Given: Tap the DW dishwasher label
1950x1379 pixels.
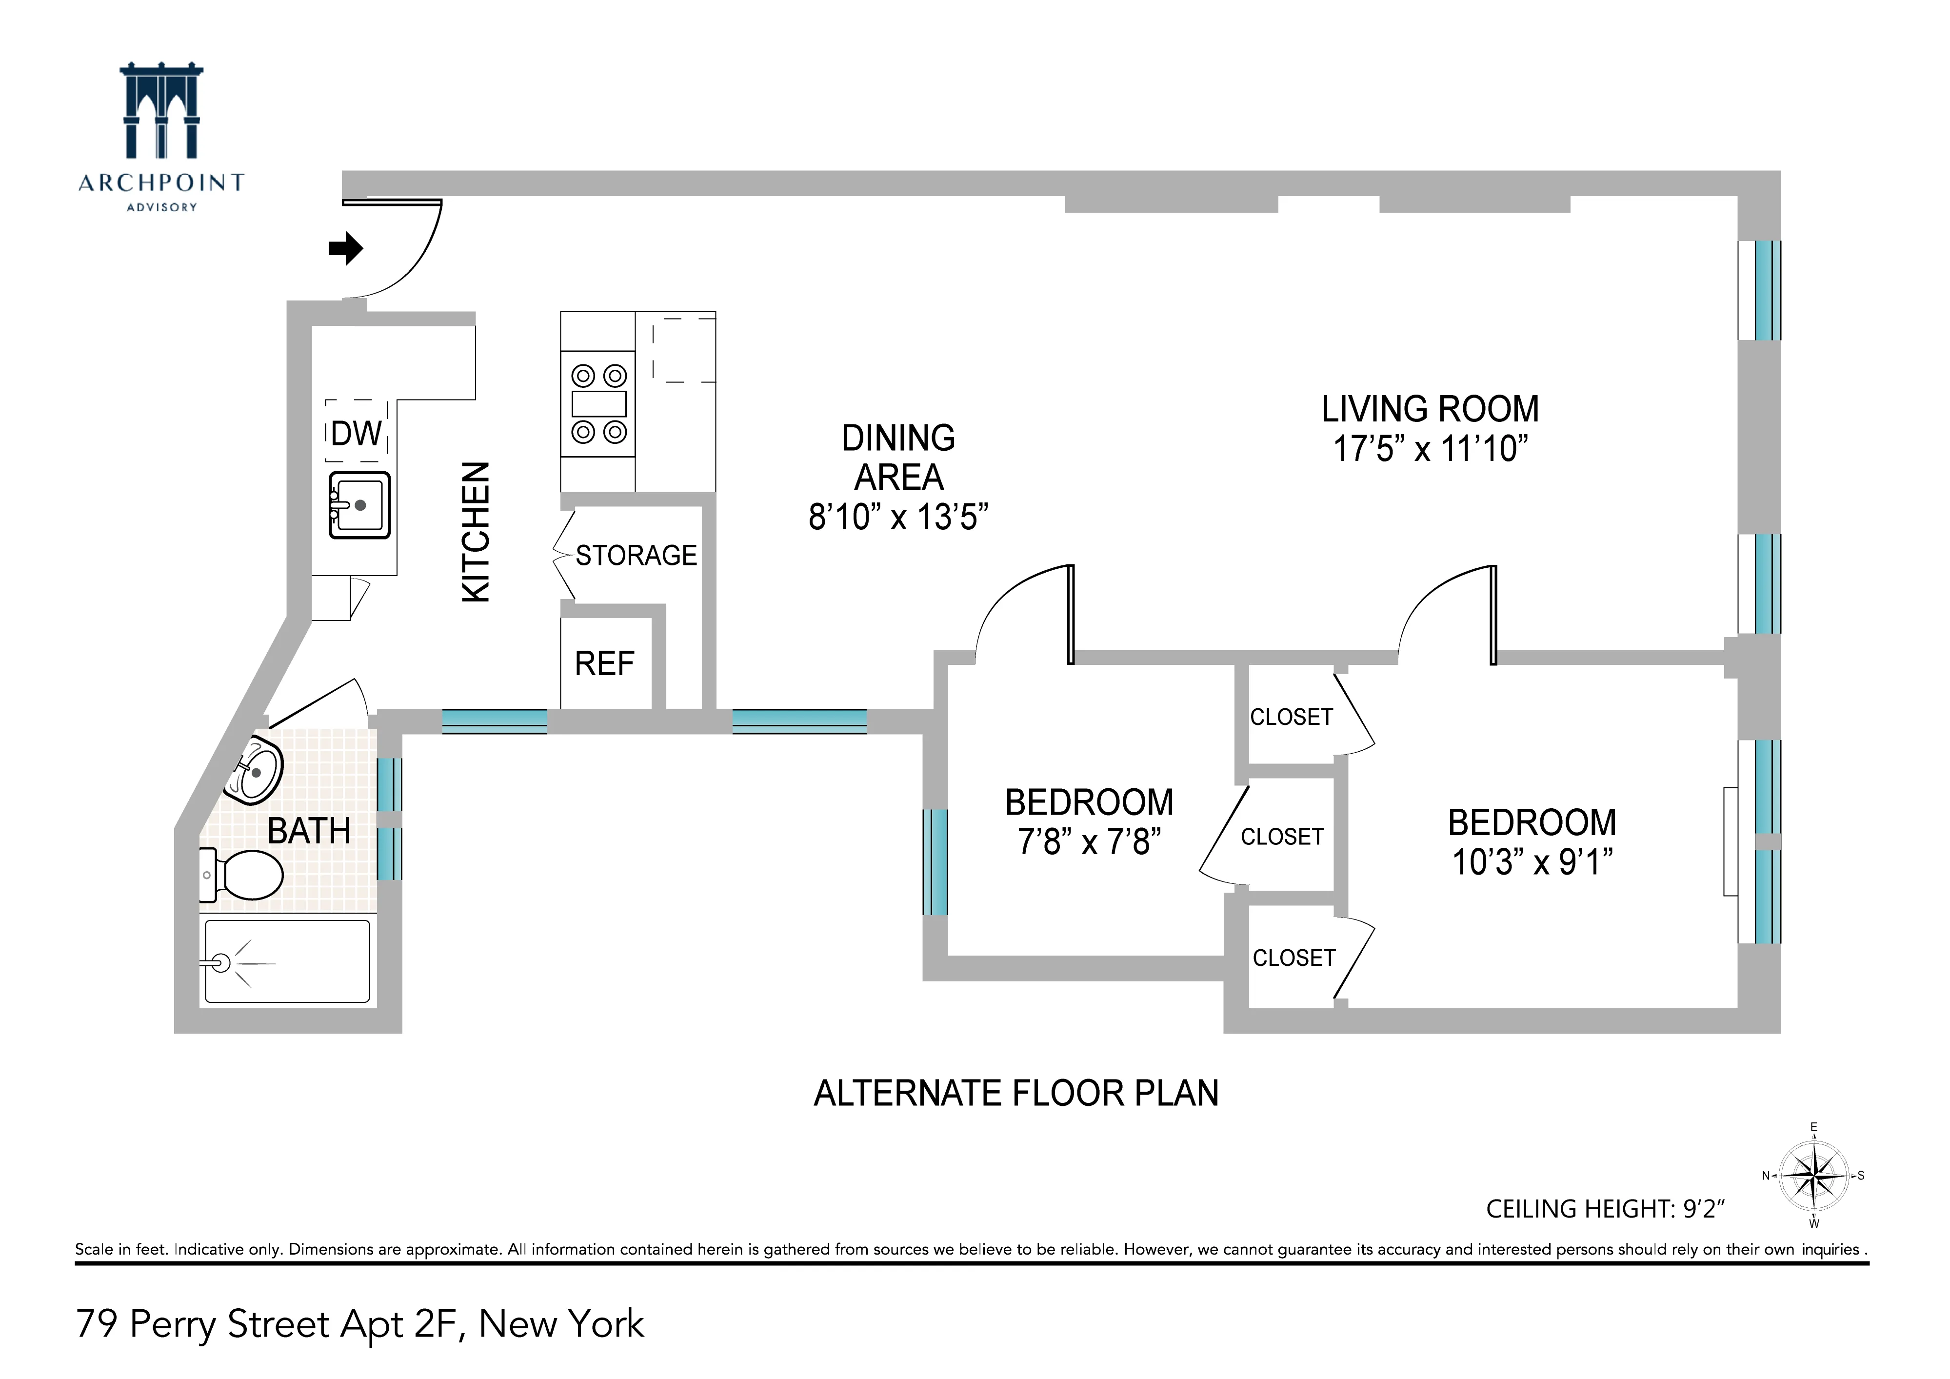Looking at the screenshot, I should tap(356, 434).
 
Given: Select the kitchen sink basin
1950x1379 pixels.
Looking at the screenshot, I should tap(360, 505).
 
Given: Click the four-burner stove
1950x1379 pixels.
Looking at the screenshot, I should tap(598, 404).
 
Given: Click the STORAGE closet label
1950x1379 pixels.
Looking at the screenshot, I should tap(636, 555).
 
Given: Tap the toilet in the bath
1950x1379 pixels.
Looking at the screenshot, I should tap(246, 876).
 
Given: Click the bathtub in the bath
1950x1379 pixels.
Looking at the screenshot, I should tap(287, 962).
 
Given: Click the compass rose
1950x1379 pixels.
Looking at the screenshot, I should tap(1813, 1176).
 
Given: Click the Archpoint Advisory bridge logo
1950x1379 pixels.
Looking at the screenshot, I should tap(161, 110).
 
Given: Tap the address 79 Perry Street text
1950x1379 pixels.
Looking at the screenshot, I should tap(359, 1324).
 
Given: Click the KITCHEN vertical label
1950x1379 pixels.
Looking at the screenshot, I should tap(476, 532).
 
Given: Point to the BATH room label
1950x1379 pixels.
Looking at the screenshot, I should tap(309, 831).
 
